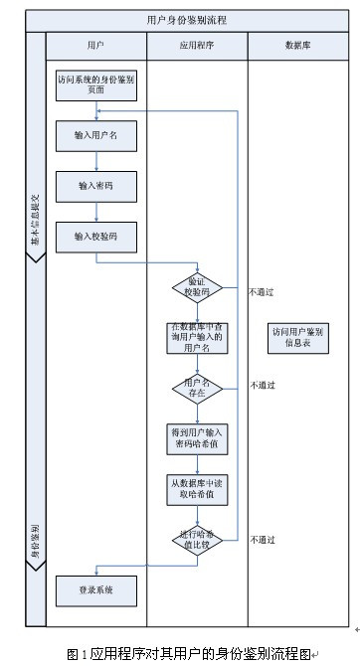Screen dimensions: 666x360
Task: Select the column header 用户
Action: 95,46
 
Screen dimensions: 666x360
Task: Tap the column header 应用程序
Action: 195,46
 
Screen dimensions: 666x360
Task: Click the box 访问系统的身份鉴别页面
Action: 95,84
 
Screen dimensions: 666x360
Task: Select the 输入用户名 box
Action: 95,134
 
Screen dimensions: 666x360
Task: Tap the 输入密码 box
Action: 95,185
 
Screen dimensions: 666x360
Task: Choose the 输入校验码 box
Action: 95,237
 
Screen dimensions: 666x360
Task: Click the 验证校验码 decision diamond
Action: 196,287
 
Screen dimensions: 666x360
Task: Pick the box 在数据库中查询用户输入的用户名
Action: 196,338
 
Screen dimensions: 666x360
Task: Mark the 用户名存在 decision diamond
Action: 196,387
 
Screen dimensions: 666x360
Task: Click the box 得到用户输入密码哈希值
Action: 196,438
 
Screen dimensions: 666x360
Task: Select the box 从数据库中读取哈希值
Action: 196,488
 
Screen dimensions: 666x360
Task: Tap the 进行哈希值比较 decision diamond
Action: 196,537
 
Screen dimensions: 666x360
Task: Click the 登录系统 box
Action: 95,589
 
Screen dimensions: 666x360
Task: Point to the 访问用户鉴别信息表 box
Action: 298,337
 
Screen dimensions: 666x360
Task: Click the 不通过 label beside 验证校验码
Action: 262,292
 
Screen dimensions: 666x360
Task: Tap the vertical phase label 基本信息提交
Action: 35,219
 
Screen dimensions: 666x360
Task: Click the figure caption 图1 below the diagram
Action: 186,653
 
